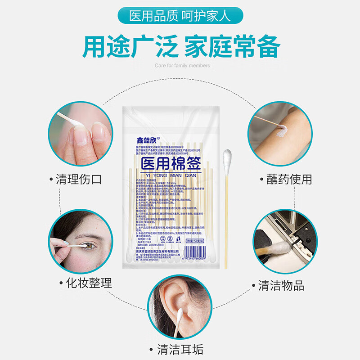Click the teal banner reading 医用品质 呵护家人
coord(180,17)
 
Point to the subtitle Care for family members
coord(182,66)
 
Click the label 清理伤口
coord(79,180)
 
